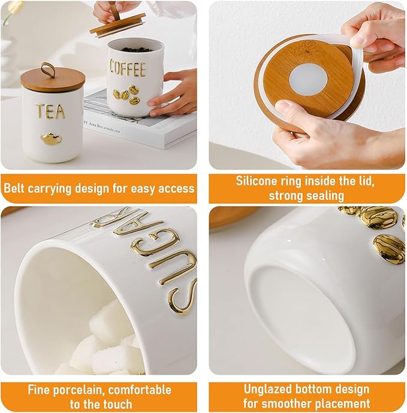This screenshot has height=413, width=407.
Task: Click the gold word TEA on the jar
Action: tap(50, 111)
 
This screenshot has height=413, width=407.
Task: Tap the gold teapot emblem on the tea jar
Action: tap(51, 139)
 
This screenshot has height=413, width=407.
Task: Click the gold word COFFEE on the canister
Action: tap(128, 68)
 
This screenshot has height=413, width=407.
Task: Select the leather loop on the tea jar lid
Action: tap(48, 69)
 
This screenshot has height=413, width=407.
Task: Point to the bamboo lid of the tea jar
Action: tap(52, 80)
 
